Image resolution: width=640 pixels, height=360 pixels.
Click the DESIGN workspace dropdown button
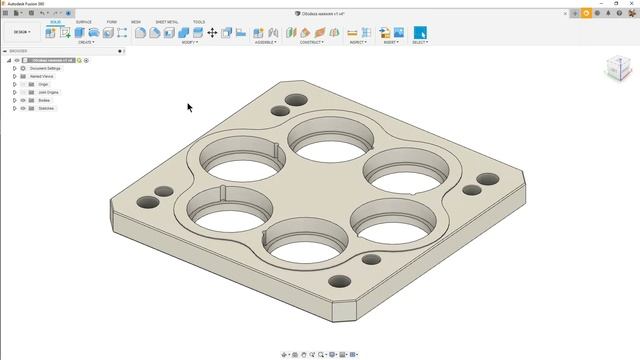[x=20, y=32]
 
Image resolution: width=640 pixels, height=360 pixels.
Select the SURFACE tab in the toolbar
[x=84, y=21]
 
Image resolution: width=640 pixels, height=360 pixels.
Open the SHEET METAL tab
[x=166, y=21]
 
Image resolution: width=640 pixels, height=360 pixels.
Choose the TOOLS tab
[x=199, y=21]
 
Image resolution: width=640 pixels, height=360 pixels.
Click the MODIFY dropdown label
[x=189, y=42]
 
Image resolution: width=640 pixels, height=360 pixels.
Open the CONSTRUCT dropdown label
[x=312, y=42]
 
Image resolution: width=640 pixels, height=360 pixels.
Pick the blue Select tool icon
[x=419, y=33]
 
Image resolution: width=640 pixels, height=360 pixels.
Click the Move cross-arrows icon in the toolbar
[x=212, y=33]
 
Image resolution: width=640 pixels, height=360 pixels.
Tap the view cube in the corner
[x=617, y=68]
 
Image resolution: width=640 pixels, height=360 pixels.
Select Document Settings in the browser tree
[x=45, y=68]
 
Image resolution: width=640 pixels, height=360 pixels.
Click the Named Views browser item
[x=42, y=76]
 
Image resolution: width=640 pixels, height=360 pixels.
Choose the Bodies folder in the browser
[x=43, y=100]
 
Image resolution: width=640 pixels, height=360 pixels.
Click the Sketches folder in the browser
[x=45, y=108]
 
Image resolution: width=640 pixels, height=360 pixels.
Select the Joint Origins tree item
[x=49, y=92]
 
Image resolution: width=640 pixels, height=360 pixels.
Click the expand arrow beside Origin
[x=14, y=84]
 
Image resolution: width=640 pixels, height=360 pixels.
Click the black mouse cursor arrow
[x=189, y=107]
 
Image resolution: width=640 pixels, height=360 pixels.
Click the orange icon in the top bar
[x=586, y=13]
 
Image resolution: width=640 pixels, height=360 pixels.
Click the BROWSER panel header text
[x=19, y=51]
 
